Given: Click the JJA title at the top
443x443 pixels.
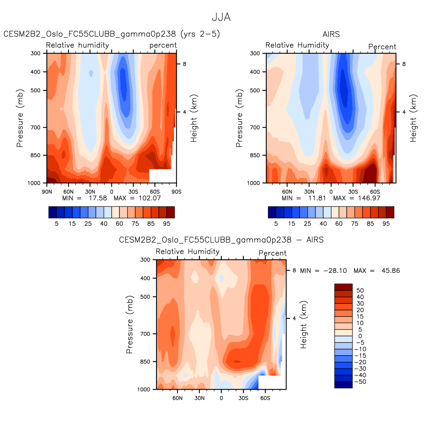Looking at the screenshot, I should tap(221, 17).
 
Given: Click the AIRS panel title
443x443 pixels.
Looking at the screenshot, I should tap(331, 34).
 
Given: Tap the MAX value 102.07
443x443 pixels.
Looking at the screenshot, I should tap(148, 198).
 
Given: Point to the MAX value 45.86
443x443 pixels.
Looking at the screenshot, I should tap(390, 271).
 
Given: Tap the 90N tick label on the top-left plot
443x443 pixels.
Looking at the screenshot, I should tap(47, 191).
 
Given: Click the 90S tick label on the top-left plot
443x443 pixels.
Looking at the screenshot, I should tap(176, 191).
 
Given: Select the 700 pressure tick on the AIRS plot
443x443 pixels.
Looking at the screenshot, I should tap(255, 127).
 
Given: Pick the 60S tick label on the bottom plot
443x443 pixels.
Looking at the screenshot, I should tap(265, 398).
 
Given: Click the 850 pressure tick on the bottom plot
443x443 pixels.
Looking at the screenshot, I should tap(145, 361).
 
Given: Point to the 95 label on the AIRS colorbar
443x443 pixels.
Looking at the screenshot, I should tap(386, 223).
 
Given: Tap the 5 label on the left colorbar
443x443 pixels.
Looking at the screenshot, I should tap(56, 223).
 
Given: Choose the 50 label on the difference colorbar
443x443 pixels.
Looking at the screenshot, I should tap(360, 291).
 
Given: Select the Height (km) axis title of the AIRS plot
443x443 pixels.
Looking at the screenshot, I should tap(414, 118).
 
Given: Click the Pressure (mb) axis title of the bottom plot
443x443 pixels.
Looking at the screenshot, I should tap(129, 325).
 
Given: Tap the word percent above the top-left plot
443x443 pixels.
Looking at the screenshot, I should tap(163, 45).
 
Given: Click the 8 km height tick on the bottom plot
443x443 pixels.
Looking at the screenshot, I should tap(294, 271).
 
